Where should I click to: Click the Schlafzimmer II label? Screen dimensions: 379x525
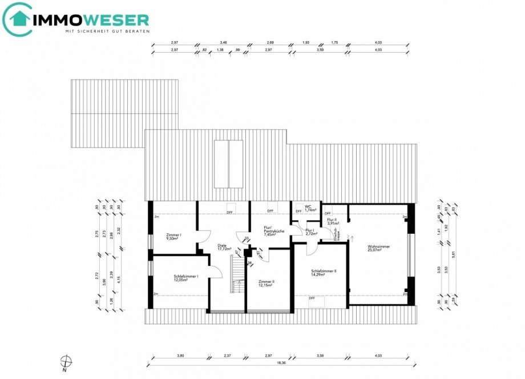pos(324,273)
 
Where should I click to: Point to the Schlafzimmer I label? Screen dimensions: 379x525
pos(186,278)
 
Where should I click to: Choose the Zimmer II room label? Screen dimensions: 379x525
pos(266,283)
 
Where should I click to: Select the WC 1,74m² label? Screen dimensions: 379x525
pos(310,208)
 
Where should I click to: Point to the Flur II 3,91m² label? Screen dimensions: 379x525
pos(333,221)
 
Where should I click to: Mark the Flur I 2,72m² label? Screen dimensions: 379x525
pos(312,232)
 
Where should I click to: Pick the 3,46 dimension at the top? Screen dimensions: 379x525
pos(223,43)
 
